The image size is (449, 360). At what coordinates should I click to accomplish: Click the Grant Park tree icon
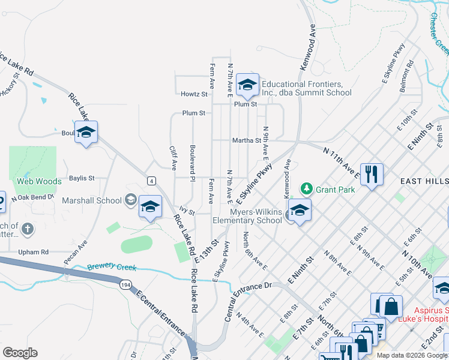click(x=307, y=190)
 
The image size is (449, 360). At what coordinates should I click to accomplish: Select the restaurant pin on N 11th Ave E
click(x=372, y=175)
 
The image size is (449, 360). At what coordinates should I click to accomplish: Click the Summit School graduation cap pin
click(x=247, y=85)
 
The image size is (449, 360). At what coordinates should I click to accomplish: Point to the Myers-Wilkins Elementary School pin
click(x=300, y=211)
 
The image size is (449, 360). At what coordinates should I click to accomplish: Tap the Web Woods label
click(x=39, y=181)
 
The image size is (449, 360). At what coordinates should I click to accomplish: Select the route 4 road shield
click(x=152, y=181)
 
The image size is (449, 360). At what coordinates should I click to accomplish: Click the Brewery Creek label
click(x=112, y=268)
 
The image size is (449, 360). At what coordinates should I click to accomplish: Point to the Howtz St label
click(x=194, y=94)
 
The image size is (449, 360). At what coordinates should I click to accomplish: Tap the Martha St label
click(x=247, y=141)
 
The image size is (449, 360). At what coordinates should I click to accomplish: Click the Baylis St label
click(x=82, y=178)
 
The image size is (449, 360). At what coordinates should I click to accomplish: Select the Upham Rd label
click(x=33, y=252)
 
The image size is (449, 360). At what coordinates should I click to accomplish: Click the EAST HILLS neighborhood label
click(x=424, y=181)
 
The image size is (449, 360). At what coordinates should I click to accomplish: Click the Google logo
click(x=20, y=353)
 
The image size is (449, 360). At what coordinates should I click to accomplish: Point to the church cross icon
click(x=27, y=228)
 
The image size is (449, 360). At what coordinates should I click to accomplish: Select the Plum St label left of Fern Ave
click(x=194, y=113)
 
